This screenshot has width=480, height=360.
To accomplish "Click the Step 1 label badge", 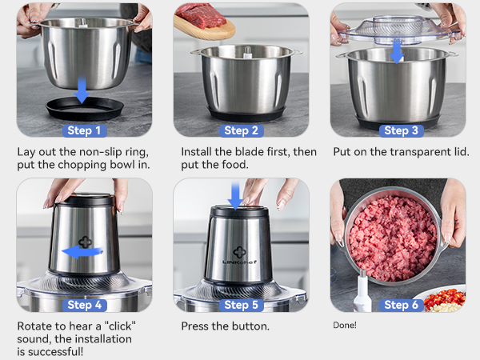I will [83, 130].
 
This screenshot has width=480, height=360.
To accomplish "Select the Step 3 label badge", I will [397, 130].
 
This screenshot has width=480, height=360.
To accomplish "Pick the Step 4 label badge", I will [83, 305].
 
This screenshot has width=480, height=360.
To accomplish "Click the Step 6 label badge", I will [397, 305].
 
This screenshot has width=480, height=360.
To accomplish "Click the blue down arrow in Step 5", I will [235, 194].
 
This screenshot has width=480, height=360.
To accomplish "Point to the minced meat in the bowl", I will [392, 236].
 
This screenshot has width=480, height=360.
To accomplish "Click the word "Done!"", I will [345, 325].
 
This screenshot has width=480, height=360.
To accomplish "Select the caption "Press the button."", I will [225, 326].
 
